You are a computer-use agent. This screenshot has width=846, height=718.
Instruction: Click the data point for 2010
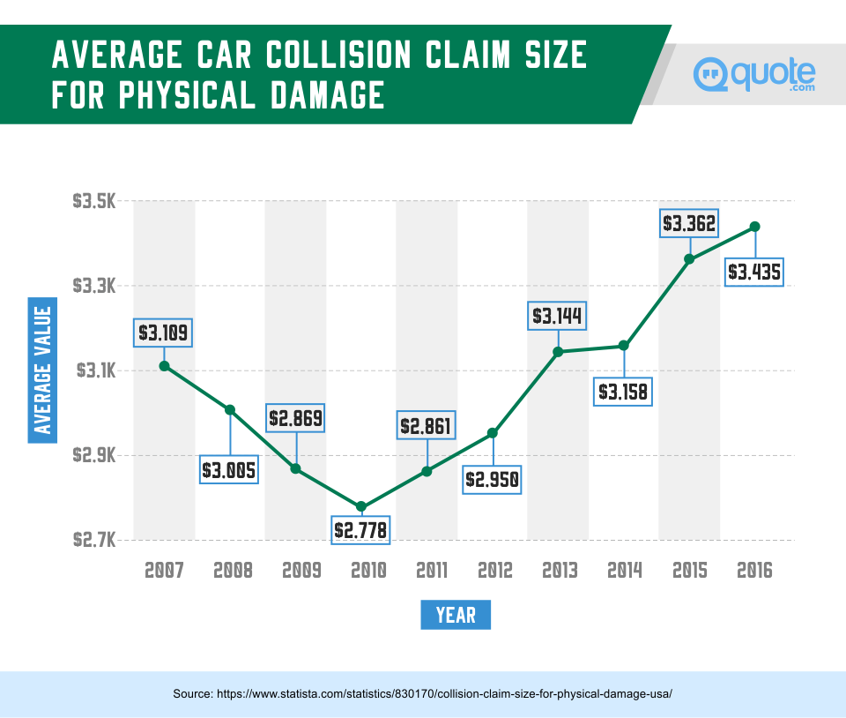[361, 506]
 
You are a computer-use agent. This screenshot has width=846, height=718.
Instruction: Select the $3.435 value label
[754, 272]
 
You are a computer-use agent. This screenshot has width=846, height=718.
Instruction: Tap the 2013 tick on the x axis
[558, 571]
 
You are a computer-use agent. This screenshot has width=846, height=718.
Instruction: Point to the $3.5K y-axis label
[94, 202]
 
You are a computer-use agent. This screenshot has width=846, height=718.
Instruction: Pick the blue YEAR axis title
[456, 615]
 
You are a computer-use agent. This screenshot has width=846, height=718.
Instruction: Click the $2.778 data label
[361, 529]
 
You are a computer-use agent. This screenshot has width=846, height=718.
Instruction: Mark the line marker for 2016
[754, 227]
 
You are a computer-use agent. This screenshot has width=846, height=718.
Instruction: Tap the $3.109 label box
[164, 333]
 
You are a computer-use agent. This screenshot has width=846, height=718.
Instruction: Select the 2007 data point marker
[164, 365]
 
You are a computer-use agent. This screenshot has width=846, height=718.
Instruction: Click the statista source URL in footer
[422, 694]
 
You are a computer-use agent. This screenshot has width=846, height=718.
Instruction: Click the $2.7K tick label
[94, 540]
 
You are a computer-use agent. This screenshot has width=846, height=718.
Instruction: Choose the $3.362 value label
[689, 223]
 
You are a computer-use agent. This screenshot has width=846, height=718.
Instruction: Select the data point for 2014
[624, 345]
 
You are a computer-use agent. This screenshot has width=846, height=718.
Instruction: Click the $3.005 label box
[229, 470]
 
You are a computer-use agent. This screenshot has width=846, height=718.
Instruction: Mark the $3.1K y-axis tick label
[94, 371]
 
